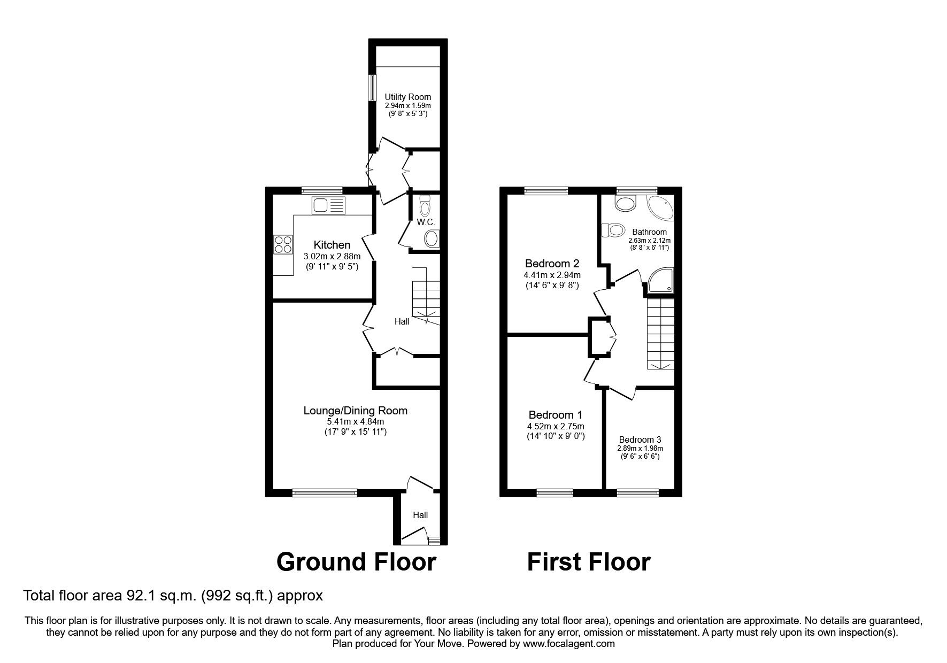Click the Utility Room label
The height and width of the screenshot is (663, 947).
[x=408, y=97]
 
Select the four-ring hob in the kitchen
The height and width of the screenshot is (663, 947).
[x=283, y=244]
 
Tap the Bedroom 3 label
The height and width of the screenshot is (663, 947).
[x=640, y=440]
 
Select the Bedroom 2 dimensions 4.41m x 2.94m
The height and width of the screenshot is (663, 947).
[x=552, y=275]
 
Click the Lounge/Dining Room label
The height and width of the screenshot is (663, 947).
[x=356, y=411]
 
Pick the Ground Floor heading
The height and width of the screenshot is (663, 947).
[x=356, y=562]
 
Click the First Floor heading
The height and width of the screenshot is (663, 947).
[x=589, y=562]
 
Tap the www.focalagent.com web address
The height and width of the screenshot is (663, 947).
[x=569, y=644]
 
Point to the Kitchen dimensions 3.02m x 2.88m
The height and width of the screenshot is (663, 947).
[x=332, y=256]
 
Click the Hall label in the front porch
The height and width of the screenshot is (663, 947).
[x=420, y=515]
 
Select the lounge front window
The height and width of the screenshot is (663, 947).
[x=325, y=493]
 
